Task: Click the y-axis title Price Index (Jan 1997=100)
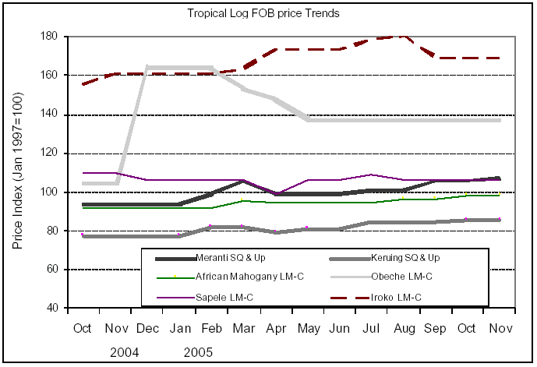tap(18, 172)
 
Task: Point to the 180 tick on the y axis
tap(52, 37)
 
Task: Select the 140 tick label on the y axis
tap(52, 115)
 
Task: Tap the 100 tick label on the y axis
tap(52, 192)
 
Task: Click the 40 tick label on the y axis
tap(55, 308)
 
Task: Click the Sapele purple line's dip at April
tap(277, 193)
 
